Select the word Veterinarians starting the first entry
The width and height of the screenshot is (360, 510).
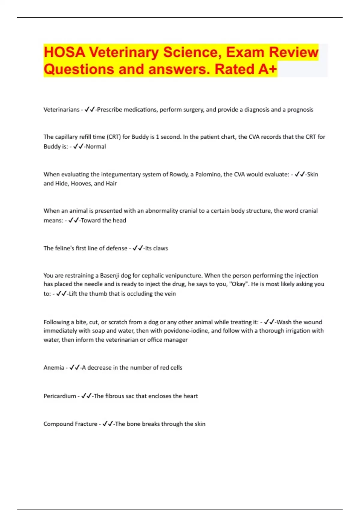tap(61, 110)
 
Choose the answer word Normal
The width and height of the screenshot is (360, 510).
tap(96, 147)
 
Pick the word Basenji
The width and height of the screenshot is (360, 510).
tap(110, 276)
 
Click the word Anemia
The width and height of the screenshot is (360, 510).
tap(54, 368)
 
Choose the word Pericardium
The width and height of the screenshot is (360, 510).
tap(60, 396)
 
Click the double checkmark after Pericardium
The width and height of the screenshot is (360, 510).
tap(86, 396)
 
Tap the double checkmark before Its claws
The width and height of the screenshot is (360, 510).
tap(138, 248)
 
